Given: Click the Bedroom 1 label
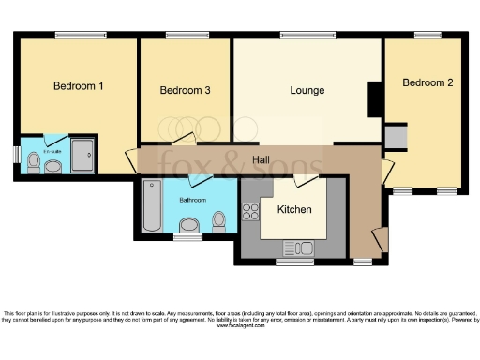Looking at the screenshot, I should [x=78, y=86].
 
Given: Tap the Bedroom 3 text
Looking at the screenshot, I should [x=184, y=91].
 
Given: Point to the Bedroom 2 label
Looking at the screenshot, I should [x=427, y=83].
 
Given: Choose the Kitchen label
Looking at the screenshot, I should [x=293, y=209].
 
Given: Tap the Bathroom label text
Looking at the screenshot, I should [x=193, y=200].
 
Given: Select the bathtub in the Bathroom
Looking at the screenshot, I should [x=151, y=207].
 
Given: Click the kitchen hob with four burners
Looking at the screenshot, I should [x=250, y=212].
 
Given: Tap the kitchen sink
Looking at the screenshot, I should [x=299, y=248].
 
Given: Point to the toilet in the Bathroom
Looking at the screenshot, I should [x=219, y=221].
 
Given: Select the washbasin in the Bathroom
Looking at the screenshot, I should [x=189, y=225].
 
